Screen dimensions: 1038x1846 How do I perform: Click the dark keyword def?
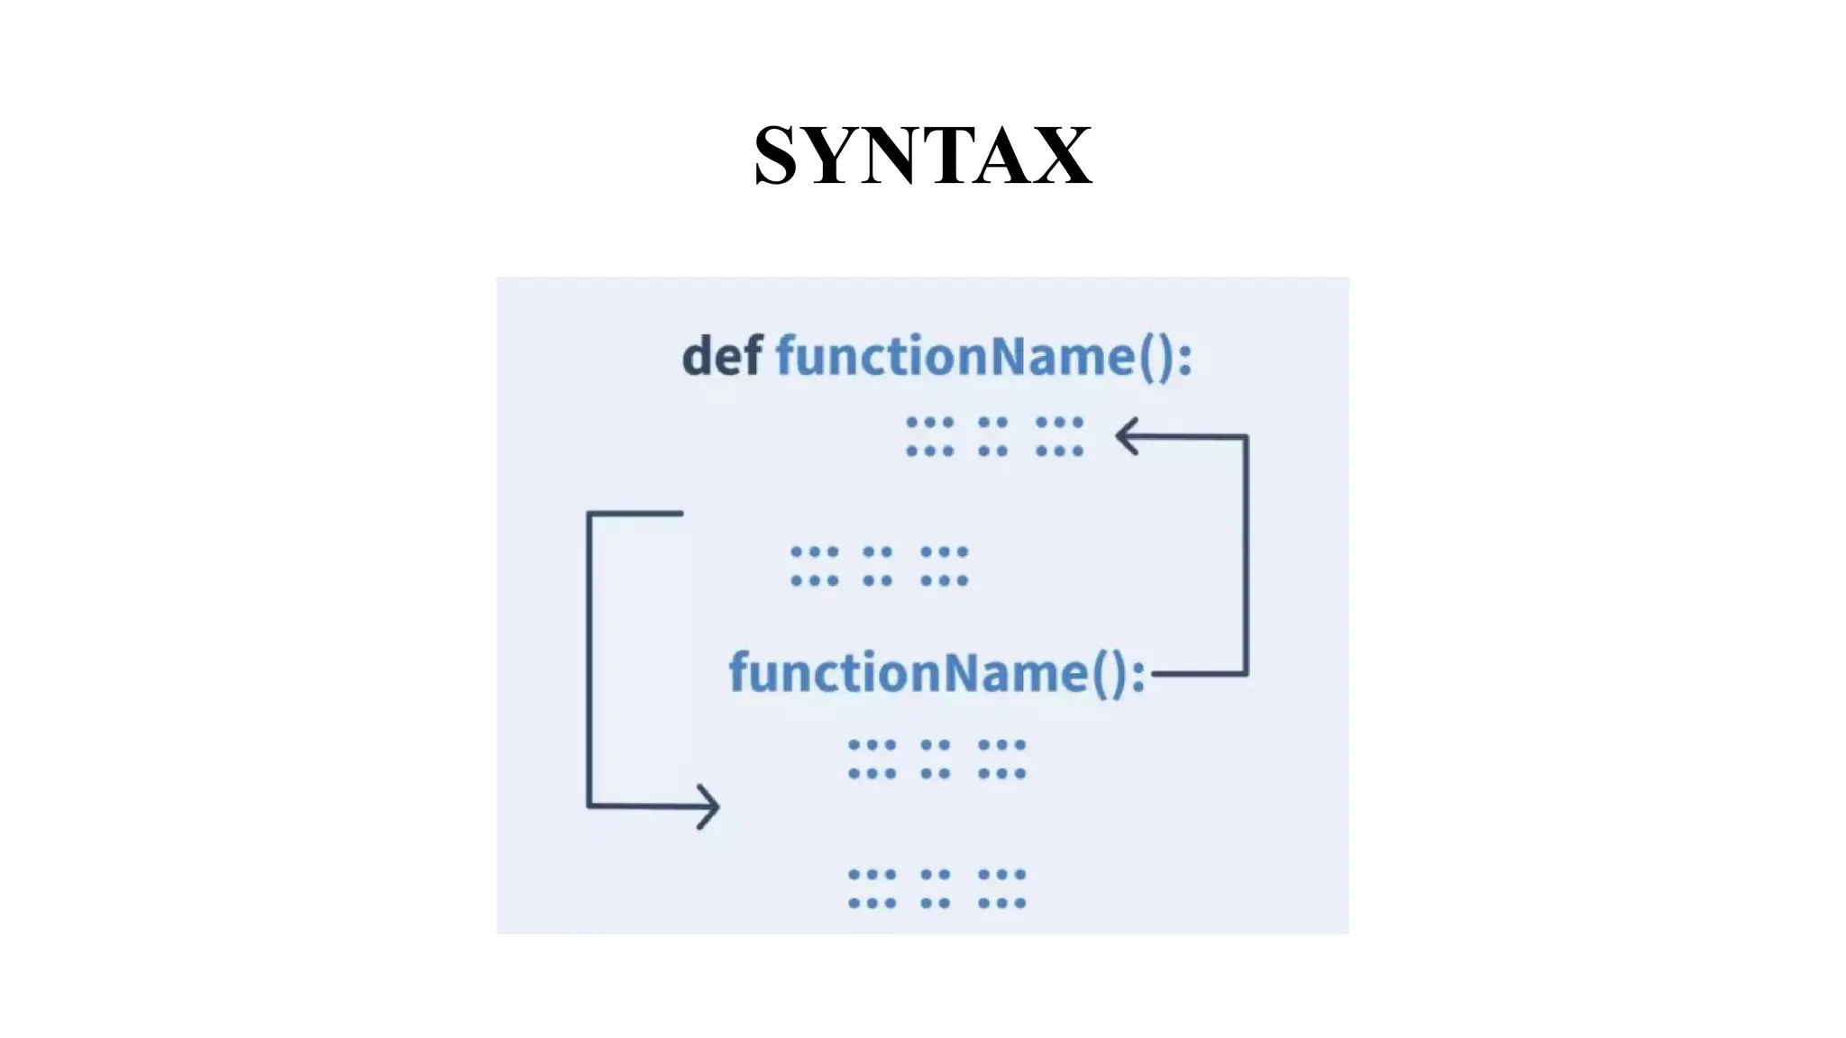722,356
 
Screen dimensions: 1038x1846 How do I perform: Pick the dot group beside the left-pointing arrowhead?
994,436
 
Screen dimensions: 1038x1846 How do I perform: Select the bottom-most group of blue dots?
937,888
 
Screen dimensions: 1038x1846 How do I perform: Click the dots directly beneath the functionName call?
937,759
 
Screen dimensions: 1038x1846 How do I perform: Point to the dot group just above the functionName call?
879,566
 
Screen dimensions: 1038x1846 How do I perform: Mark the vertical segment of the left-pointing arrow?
1247,554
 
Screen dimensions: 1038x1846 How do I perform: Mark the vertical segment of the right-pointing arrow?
589,659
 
